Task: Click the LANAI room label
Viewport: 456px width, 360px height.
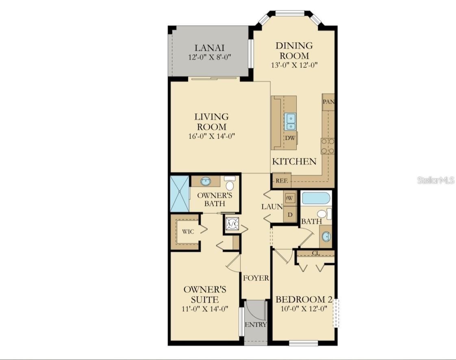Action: click(x=209, y=48)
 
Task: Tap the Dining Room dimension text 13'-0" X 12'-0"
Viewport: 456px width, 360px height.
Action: click(x=294, y=65)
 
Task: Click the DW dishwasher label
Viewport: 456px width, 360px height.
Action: click(x=290, y=138)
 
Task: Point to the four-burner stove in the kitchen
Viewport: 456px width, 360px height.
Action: click(x=328, y=146)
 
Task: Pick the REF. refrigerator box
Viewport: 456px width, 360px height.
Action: click(x=282, y=180)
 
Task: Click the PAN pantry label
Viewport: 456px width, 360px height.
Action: click(x=328, y=102)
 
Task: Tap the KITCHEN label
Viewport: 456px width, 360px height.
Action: click(x=294, y=161)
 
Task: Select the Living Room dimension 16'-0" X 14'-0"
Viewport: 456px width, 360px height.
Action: click(x=212, y=136)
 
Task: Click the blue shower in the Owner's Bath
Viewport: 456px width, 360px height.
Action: click(x=180, y=194)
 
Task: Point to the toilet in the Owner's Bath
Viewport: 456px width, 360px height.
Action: click(x=230, y=183)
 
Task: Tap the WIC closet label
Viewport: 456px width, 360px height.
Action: click(x=188, y=232)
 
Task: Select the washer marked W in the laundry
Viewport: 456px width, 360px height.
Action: click(x=290, y=198)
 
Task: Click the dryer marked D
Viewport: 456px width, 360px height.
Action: click(x=290, y=215)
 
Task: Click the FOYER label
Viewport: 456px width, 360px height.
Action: click(x=256, y=278)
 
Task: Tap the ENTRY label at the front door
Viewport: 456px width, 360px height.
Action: click(x=256, y=325)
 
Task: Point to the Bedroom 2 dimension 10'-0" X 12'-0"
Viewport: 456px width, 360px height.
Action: click(x=304, y=308)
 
